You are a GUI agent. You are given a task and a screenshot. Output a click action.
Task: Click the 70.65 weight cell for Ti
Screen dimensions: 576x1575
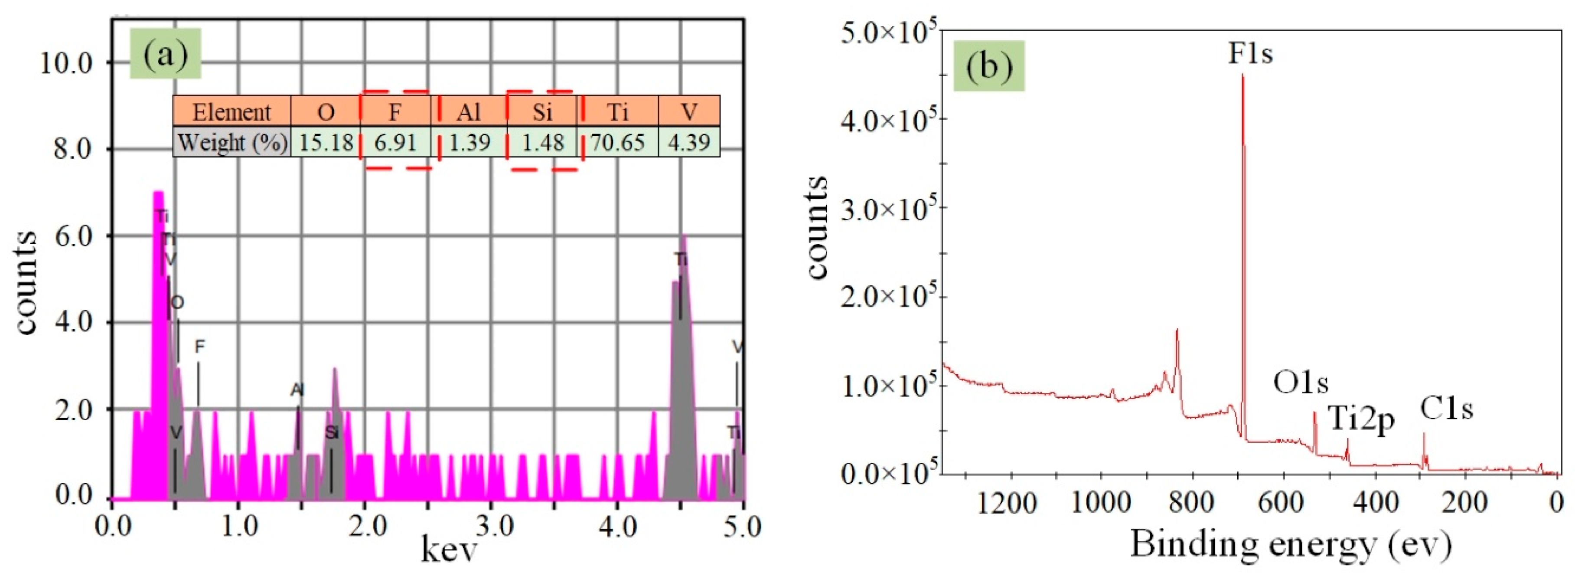[x=617, y=142]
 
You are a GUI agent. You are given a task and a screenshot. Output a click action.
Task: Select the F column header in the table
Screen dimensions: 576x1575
[x=395, y=112]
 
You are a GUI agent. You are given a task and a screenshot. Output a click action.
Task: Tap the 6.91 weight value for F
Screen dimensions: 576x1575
[x=395, y=142]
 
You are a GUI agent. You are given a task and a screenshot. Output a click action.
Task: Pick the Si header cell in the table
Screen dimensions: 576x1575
[x=542, y=112]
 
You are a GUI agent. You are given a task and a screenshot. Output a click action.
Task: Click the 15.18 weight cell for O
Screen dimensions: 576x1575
[x=326, y=142]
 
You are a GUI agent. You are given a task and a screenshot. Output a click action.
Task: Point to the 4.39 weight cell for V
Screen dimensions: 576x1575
[x=689, y=142]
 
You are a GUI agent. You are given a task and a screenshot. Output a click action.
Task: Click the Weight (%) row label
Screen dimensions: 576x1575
[x=232, y=142]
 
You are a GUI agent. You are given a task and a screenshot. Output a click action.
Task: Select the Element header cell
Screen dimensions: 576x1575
[x=232, y=112]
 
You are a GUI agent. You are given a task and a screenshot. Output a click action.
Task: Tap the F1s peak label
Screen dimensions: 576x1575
[x=1250, y=54]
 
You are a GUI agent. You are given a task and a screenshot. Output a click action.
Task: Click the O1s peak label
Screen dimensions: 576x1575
[x=1301, y=383]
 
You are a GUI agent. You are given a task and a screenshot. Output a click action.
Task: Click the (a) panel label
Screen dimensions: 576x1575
[x=165, y=56]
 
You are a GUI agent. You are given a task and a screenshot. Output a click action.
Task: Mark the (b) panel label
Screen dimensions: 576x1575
[x=988, y=66]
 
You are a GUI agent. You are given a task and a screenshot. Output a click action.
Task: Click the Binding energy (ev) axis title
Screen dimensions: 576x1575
[x=1290, y=543]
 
